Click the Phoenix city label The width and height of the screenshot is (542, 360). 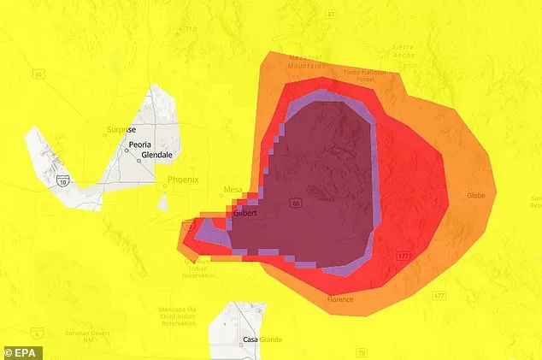pos(183,180)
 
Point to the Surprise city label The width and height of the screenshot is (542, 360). pos(121,130)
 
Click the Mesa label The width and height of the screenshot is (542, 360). pos(233,189)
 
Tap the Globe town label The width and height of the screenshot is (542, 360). pos(475,196)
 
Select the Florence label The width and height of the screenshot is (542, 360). pos(340,299)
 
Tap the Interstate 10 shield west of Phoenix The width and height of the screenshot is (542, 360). pos(62,179)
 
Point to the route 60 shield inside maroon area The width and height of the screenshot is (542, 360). pos(296,204)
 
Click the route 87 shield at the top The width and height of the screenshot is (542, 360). pos(331,15)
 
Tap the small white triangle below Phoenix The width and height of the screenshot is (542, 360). pos(162,203)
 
